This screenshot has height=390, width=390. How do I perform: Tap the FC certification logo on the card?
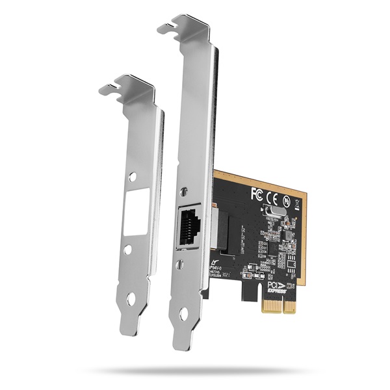(x=257, y=193)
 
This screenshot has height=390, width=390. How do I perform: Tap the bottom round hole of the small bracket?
(x=131, y=298)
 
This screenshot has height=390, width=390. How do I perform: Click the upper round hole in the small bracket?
(x=133, y=176)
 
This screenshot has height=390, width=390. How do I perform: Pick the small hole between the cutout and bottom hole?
(x=127, y=249)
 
